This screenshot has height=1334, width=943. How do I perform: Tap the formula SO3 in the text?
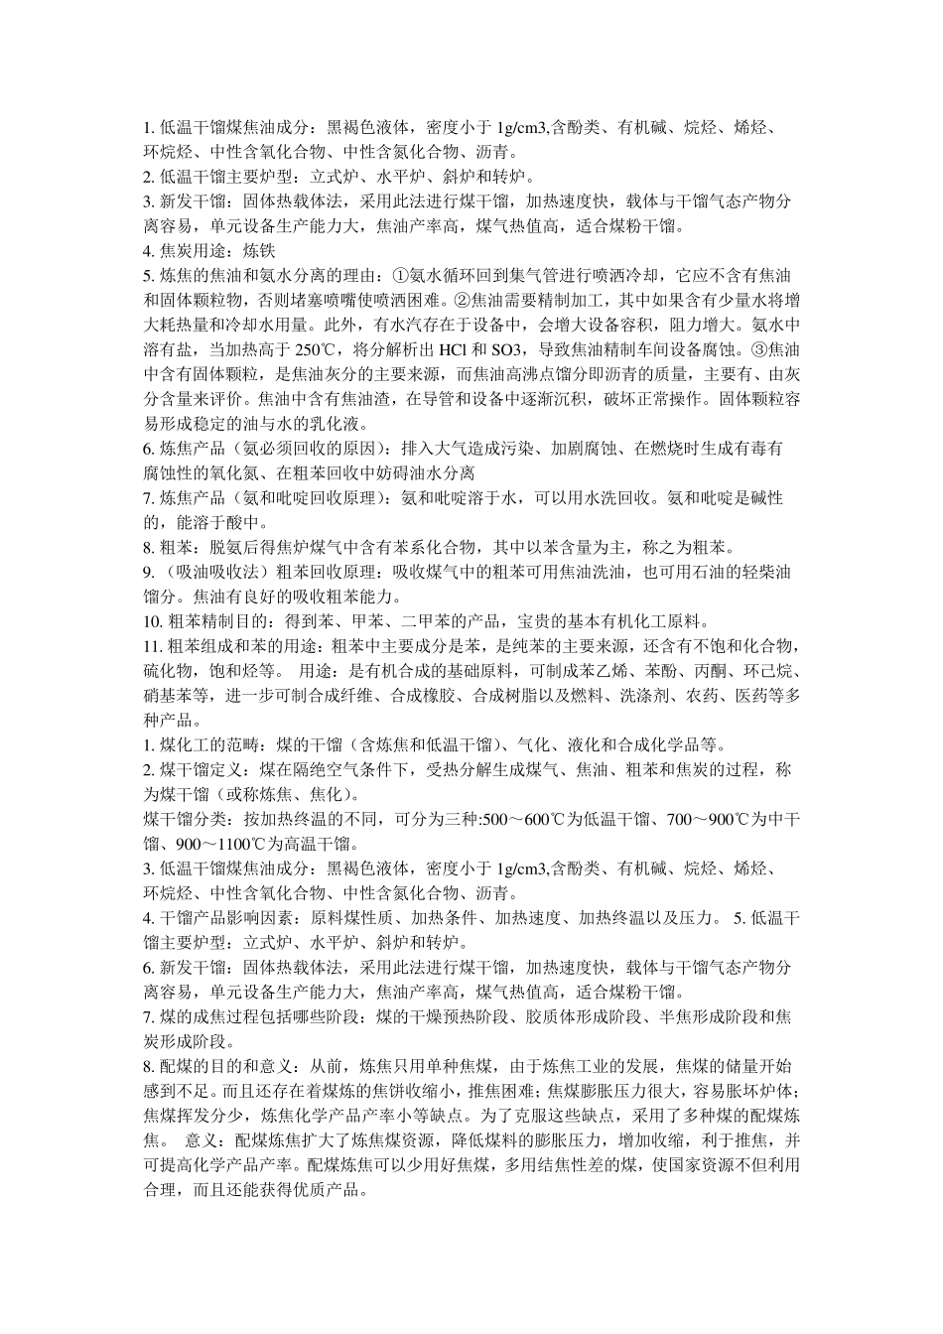point(507,348)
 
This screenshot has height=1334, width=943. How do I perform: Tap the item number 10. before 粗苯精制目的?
point(153,621)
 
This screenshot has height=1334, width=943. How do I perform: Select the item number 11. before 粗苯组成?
point(153,646)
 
